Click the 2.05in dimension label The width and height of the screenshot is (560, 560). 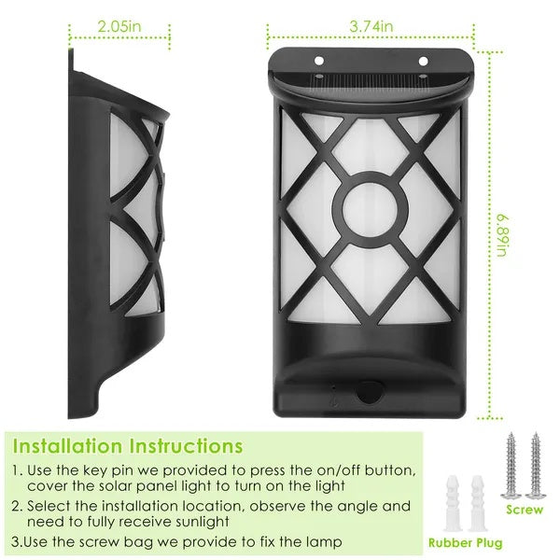(121, 28)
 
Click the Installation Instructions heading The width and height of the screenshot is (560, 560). (128, 446)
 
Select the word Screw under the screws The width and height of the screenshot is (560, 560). (524, 511)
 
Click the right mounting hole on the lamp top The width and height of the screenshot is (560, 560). (422, 62)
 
